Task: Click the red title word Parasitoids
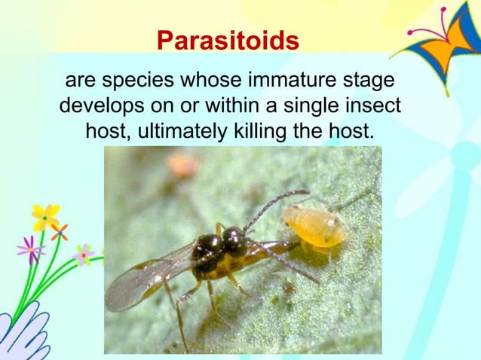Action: click(x=228, y=41)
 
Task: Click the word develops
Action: click(x=99, y=106)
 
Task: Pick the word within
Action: click(x=244, y=106)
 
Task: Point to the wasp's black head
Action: click(x=234, y=241)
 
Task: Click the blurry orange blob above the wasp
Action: click(x=182, y=164)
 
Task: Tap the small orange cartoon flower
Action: click(x=60, y=232)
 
